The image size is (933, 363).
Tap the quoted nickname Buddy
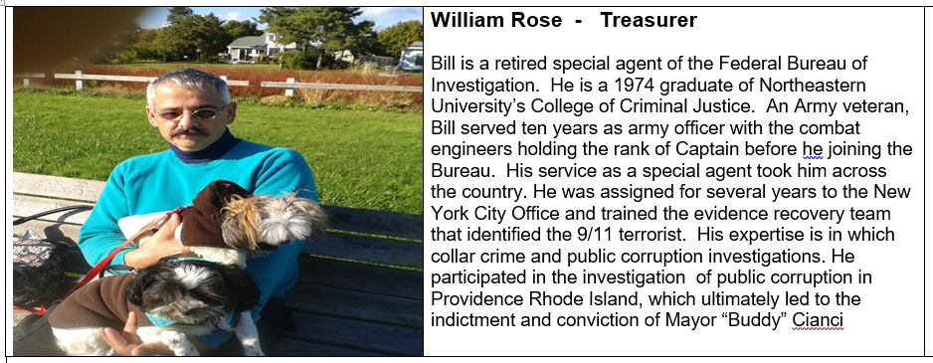[x=757, y=320]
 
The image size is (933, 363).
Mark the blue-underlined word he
[x=813, y=149]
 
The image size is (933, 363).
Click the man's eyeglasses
[x=189, y=113]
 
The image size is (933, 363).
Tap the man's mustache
[x=189, y=131]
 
